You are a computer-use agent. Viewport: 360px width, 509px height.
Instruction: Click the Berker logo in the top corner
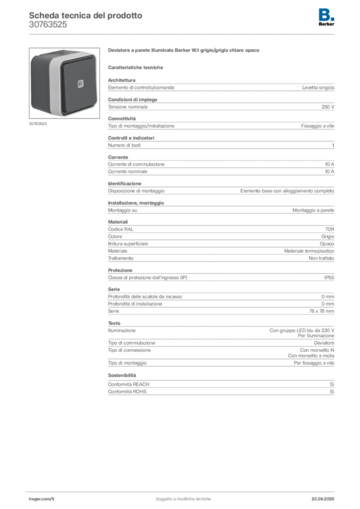point(326,17)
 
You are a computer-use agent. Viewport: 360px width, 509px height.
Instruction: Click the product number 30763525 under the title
point(48,25)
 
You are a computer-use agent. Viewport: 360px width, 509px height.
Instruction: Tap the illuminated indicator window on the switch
point(81,84)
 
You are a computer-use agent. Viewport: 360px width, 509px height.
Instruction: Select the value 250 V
point(328,107)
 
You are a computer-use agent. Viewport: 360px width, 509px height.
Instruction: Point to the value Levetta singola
point(318,87)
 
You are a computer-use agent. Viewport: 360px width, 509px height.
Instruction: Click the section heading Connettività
point(122,118)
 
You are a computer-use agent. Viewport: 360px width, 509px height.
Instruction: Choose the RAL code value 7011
point(330,229)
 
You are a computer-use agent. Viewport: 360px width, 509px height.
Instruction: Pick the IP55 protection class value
point(329,277)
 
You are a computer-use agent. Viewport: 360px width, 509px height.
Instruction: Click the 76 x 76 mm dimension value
point(321,311)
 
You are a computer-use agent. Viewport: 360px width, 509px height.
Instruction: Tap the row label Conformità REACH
point(129,384)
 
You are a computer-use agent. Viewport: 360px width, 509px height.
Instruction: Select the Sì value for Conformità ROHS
point(332,392)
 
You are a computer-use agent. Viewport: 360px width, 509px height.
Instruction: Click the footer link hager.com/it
point(42,499)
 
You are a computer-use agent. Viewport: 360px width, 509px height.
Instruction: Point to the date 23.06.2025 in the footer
point(323,499)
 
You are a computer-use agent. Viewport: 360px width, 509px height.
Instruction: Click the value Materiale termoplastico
point(309,251)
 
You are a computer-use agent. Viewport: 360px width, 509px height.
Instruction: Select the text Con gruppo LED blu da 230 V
point(301,331)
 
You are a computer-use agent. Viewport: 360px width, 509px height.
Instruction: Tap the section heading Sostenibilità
point(122,375)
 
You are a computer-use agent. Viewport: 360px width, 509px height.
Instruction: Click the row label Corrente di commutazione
point(136,164)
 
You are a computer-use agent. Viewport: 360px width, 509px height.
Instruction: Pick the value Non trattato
point(321,258)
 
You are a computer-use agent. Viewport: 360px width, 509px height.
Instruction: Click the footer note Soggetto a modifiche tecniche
point(183,499)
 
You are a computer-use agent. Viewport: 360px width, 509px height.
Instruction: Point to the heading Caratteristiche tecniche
point(135,68)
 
